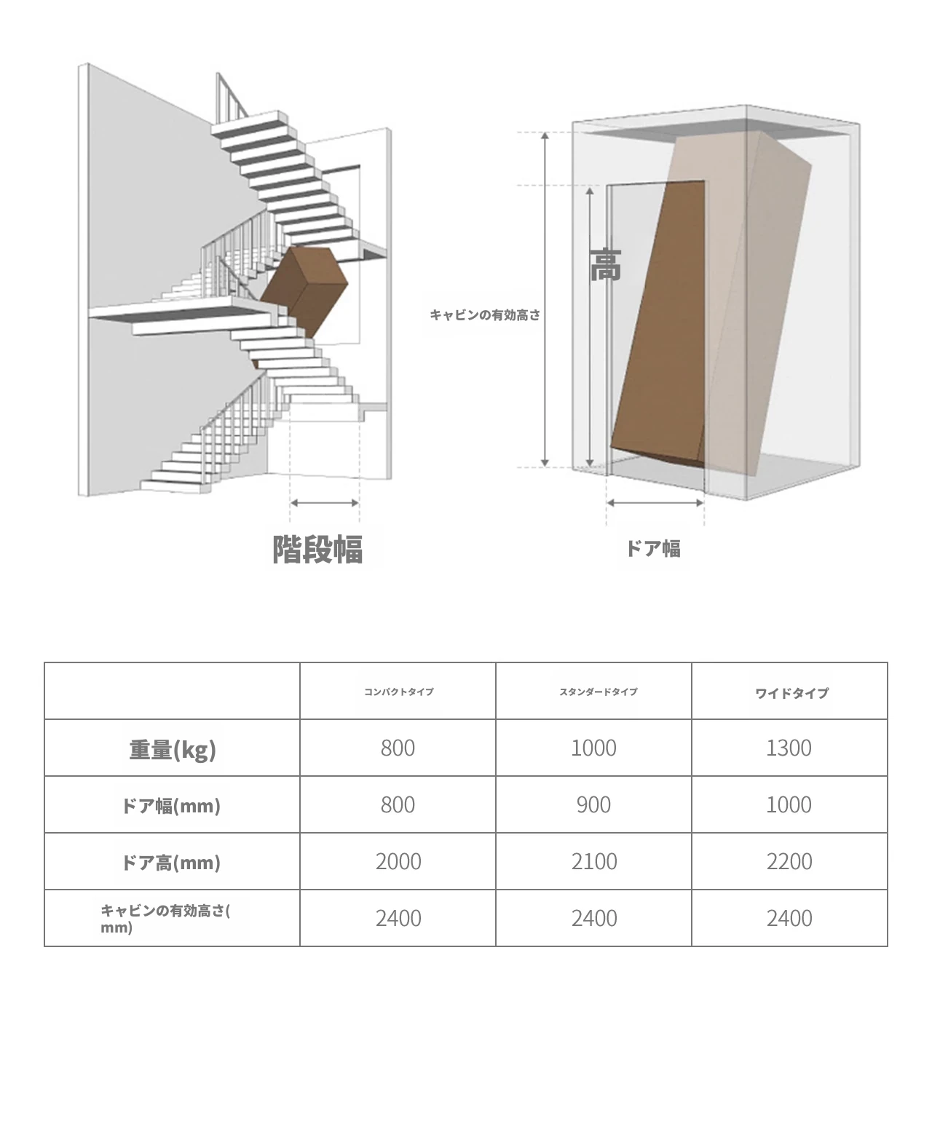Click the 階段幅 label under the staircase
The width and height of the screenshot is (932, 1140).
click(x=317, y=549)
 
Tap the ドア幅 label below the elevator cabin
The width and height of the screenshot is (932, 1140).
click(x=653, y=549)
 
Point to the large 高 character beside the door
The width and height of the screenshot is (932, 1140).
click(x=606, y=265)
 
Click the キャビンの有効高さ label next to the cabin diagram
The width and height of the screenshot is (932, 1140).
click(x=485, y=314)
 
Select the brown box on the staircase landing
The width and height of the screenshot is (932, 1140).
click(x=304, y=292)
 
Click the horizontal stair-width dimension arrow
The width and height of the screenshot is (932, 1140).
click(x=324, y=503)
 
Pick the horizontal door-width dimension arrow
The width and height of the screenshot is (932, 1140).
click(x=655, y=503)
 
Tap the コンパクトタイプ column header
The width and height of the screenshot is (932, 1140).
click(x=398, y=692)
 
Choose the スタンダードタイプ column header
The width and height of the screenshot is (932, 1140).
click(x=598, y=692)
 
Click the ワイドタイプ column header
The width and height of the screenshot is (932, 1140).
click(x=791, y=693)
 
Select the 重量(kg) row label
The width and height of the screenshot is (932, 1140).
click(x=173, y=750)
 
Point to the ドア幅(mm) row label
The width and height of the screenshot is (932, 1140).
click(x=171, y=806)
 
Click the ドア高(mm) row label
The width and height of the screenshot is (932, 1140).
click(x=171, y=863)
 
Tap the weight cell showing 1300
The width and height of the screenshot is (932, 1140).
click(x=789, y=748)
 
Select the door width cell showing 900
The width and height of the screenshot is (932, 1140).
click(x=593, y=805)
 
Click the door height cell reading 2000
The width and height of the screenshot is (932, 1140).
click(x=398, y=862)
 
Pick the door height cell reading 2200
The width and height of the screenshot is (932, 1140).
click(x=789, y=862)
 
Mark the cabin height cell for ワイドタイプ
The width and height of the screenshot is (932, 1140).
click(x=789, y=919)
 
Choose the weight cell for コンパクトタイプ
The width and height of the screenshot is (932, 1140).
click(x=398, y=748)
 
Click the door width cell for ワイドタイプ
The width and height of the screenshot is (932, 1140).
click(x=789, y=805)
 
